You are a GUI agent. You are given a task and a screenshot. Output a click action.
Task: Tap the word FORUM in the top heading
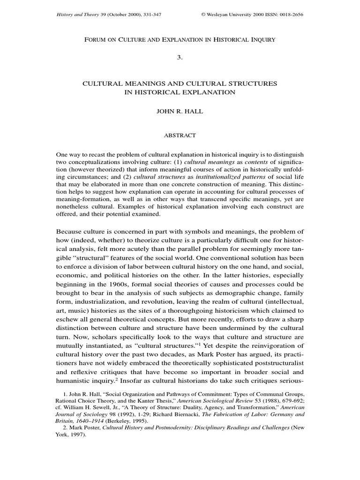click(96, 40)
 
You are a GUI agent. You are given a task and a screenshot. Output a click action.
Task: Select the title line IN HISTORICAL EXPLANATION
click(180, 92)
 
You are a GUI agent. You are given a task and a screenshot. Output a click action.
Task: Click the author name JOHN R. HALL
click(180, 113)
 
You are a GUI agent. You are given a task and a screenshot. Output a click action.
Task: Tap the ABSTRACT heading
click(180, 135)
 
